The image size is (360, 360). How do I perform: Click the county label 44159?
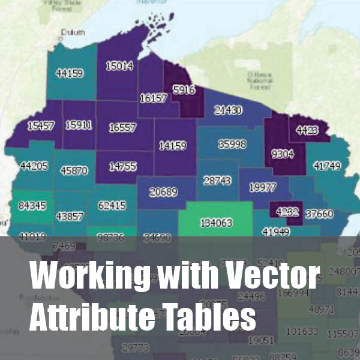(70, 73)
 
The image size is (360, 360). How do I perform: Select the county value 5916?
(184, 91)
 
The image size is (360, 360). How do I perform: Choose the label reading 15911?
(79, 125)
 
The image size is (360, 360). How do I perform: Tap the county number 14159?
(173, 145)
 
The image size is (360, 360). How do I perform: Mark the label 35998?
(232, 144)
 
